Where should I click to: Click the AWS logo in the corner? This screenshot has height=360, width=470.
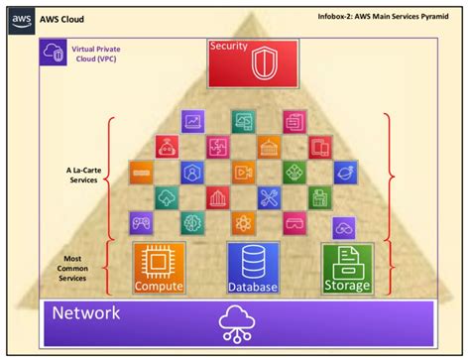pyautogui.click(x=17, y=17)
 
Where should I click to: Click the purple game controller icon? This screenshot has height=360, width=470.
pyautogui.click(x=140, y=220)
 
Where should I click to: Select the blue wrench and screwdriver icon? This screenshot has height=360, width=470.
pyautogui.click(x=270, y=196)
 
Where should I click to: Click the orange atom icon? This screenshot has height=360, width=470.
pyautogui.click(x=244, y=220)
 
